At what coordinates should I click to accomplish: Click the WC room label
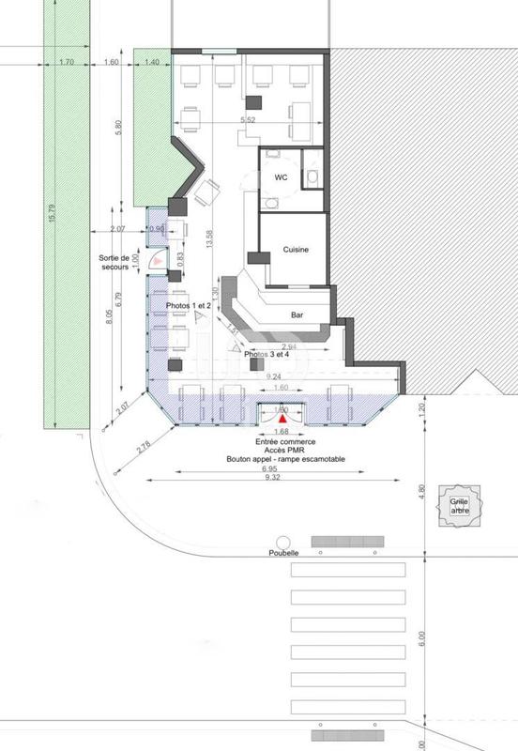pos(280,176)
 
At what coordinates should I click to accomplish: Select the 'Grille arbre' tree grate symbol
pos(459,507)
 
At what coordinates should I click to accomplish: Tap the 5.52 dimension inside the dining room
pos(249,120)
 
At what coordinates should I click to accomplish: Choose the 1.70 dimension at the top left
pos(66,62)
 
